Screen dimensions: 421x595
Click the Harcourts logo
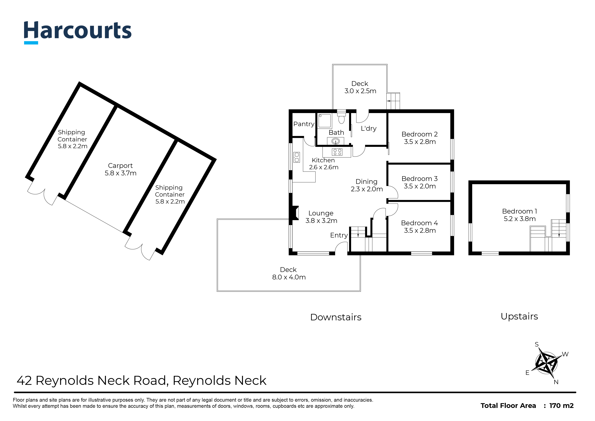78,32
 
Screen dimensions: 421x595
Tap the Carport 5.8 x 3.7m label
120,169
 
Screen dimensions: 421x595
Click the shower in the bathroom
325,121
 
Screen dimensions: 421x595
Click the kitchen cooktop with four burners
337,152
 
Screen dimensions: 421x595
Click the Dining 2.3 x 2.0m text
367,185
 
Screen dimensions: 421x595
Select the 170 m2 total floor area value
561,406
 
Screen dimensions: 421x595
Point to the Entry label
339,235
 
